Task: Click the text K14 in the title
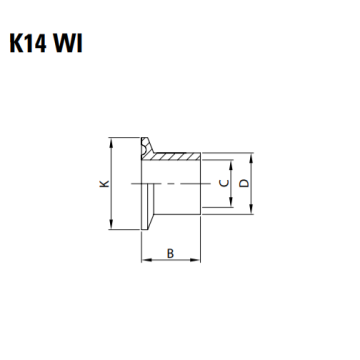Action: click(x=28, y=43)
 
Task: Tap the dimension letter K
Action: click(x=105, y=183)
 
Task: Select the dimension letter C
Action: click(x=224, y=183)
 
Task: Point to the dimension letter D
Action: click(x=245, y=183)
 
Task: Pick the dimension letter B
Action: click(x=170, y=254)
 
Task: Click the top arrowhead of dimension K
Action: click(x=111, y=142)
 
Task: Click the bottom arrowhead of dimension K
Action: click(x=111, y=225)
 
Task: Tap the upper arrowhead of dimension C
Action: click(x=230, y=164)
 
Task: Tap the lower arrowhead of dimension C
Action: click(x=230, y=203)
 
